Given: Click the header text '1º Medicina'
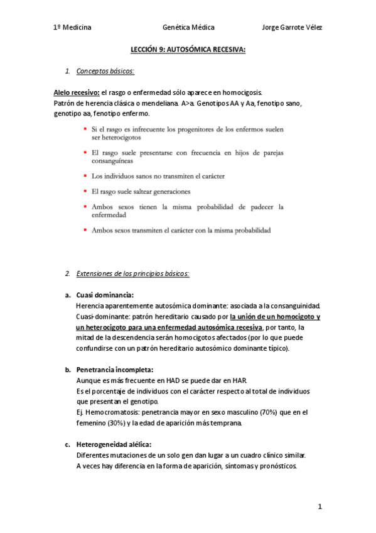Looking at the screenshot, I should pos(72,28).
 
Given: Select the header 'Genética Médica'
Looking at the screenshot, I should pos(188,28).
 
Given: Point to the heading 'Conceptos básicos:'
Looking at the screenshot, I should pos(105,72).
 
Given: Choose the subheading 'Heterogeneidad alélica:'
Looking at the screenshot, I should pos(114,444).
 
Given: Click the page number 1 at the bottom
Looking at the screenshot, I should pos(320,506).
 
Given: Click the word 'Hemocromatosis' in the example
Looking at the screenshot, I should pos(110,412).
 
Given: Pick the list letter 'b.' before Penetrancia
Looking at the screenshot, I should pos(68,370).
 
